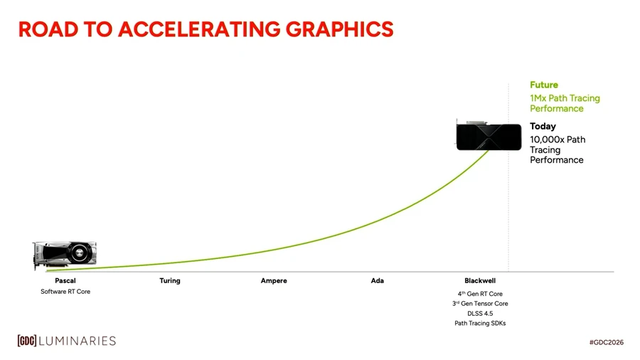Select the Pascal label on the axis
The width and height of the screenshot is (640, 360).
click(65, 281)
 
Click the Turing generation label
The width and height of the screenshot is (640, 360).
click(170, 281)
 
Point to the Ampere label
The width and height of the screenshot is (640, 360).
click(274, 281)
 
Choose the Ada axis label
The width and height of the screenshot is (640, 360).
click(378, 281)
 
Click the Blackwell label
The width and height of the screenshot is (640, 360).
click(480, 281)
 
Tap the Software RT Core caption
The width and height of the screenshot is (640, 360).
click(65, 292)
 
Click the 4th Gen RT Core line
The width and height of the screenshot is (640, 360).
click(480, 294)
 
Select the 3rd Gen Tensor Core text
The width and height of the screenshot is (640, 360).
click(480, 304)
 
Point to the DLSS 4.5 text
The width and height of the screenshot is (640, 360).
click(480, 313)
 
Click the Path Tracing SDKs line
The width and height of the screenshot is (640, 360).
click(480, 323)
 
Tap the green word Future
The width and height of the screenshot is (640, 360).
click(544, 85)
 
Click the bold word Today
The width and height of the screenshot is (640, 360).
click(543, 126)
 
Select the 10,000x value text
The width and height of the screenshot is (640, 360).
click(548, 139)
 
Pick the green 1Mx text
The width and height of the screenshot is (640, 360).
click(539, 98)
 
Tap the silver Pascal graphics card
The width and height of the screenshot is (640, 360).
click(65, 254)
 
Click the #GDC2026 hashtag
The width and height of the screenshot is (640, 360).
click(606, 342)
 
